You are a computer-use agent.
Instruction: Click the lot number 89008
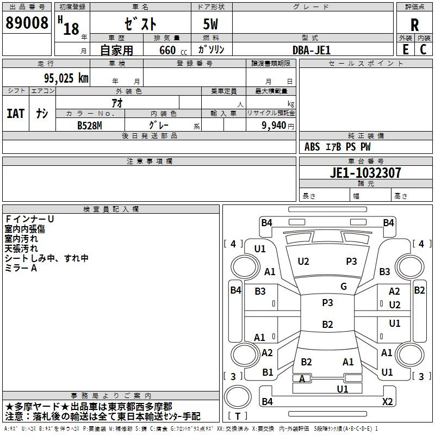pyautogui.click(x=27, y=23)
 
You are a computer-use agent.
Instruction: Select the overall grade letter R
pyautogui.click(x=414, y=25)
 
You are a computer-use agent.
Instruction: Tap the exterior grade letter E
pyautogui.click(x=406, y=49)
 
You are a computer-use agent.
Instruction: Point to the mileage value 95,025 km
pyautogui.click(x=66, y=78)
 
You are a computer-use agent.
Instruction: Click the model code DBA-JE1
pyautogui.click(x=312, y=50)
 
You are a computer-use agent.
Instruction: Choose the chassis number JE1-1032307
pyautogui.click(x=365, y=173)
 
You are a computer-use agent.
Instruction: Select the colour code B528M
pyautogui.click(x=90, y=126)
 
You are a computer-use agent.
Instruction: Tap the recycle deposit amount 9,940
pyautogui.click(x=274, y=126)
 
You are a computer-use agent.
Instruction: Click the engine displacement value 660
pyautogui.click(x=167, y=50)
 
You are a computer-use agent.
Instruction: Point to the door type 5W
pyautogui.click(x=210, y=24)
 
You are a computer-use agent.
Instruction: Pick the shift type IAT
pyautogui.click(x=16, y=114)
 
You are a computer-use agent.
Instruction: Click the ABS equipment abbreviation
pyautogui.click(x=312, y=147)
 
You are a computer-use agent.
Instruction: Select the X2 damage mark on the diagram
pyautogui.click(x=387, y=401)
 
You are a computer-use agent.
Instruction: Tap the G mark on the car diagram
pyautogui.click(x=344, y=287)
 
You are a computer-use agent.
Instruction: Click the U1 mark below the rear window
pyautogui.click(x=343, y=389)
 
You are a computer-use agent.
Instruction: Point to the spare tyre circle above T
pyautogui.click(x=238, y=397)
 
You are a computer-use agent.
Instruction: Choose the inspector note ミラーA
pyautogui.click(x=21, y=268)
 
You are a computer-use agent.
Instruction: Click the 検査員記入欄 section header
pyautogui.click(x=111, y=209)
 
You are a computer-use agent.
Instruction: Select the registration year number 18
pyautogui.click(x=71, y=29)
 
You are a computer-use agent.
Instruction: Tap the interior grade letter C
pyautogui.click(x=424, y=49)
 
